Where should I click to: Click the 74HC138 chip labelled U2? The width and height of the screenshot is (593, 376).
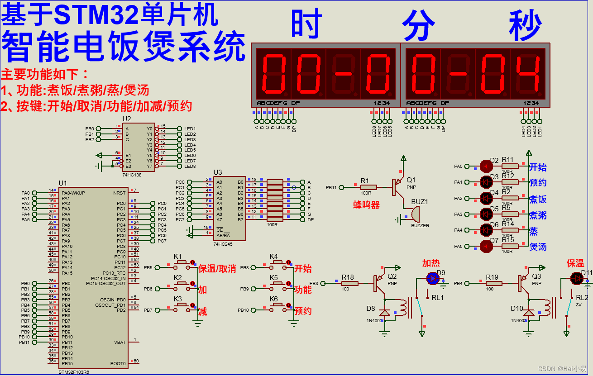[138, 147]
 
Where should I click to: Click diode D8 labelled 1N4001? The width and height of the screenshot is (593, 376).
[384, 313]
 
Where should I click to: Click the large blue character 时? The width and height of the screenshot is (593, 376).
[306, 24]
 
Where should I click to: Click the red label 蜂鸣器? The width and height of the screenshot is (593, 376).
[366, 205]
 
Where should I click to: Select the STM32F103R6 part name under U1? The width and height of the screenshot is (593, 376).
[74, 372]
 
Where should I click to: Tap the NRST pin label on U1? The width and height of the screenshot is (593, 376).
[120, 193]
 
